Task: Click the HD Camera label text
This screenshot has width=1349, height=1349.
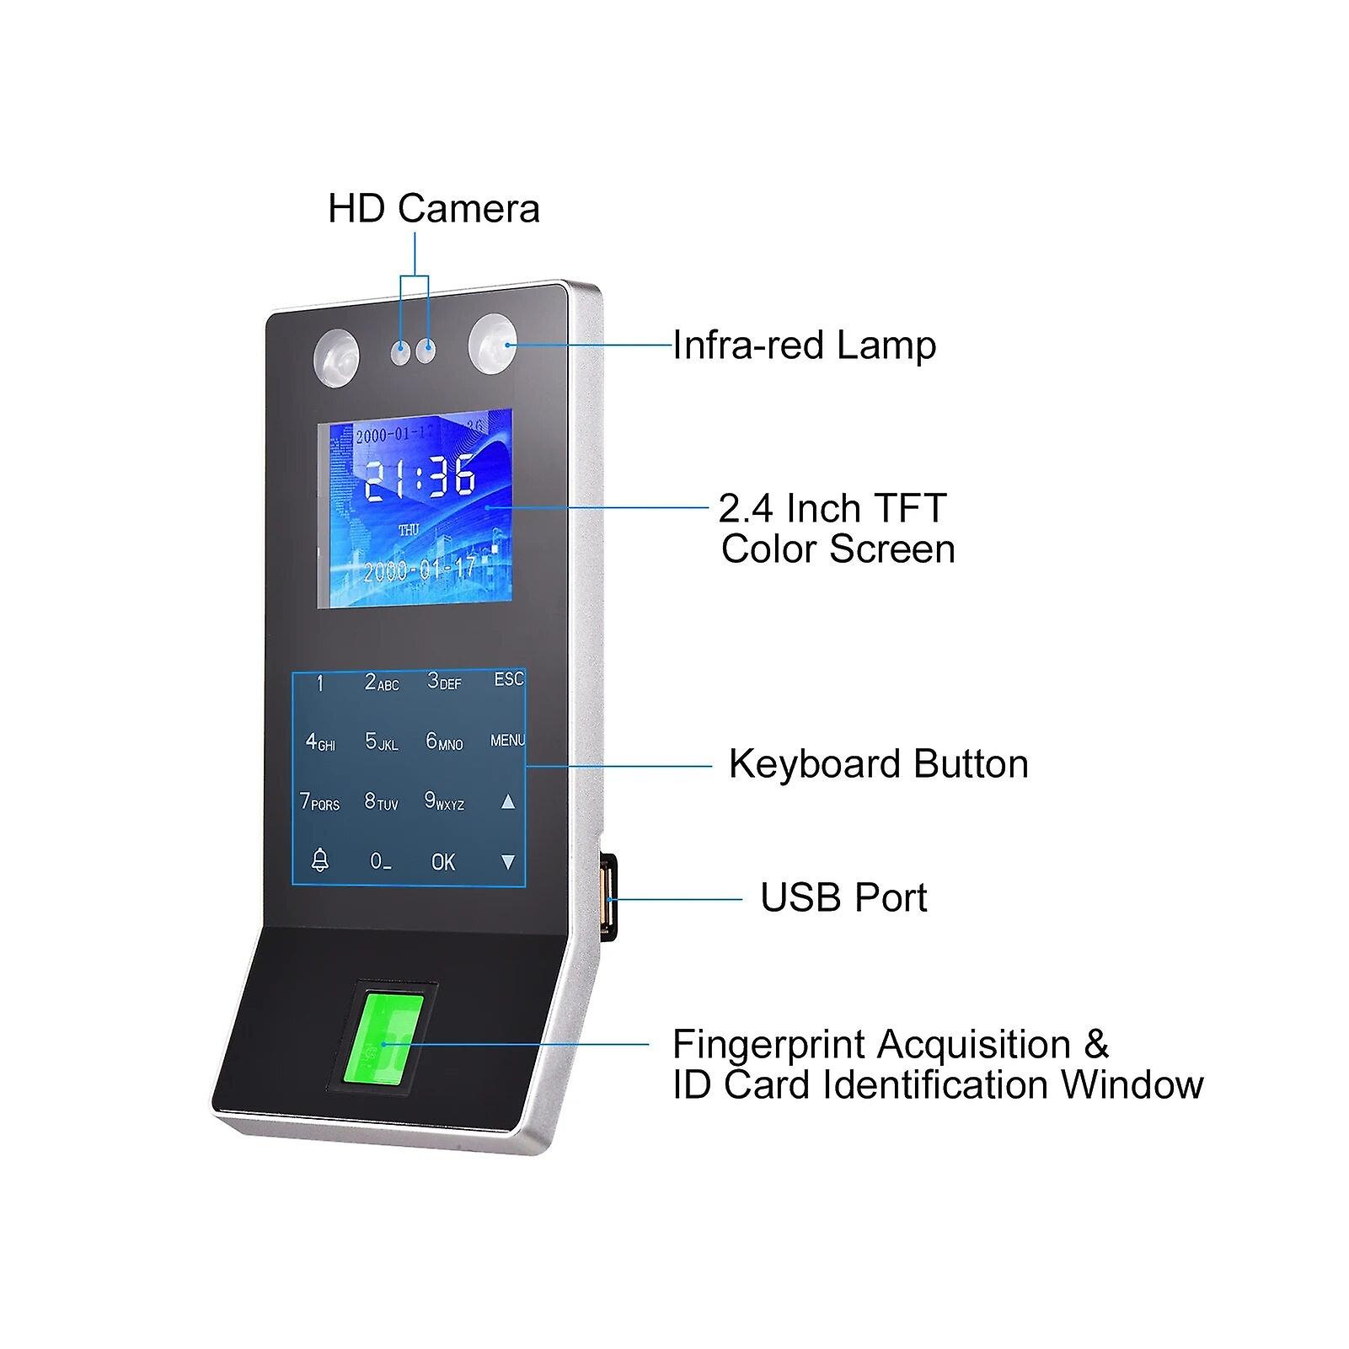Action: coord(434,209)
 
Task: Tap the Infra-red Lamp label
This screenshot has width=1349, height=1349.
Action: coord(805,345)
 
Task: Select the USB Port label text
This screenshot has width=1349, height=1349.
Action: coord(843,897)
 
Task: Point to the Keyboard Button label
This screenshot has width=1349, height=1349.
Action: coord(879,764)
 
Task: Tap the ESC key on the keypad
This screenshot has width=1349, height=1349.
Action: coord(509,679)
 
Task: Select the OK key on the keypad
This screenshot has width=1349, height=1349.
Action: coord(443,862)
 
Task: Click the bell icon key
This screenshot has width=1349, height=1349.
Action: coord(320,860)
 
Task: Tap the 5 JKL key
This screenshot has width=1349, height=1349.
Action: coord(381,741)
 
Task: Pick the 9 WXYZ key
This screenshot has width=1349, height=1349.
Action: coord(444,801)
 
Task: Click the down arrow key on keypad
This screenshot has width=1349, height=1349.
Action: coord(508,862)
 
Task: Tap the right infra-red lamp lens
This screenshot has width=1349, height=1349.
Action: coord(493,345)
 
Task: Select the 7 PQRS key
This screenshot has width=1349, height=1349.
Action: coord(319,801)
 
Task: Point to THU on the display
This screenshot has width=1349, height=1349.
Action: coord(409,530)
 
